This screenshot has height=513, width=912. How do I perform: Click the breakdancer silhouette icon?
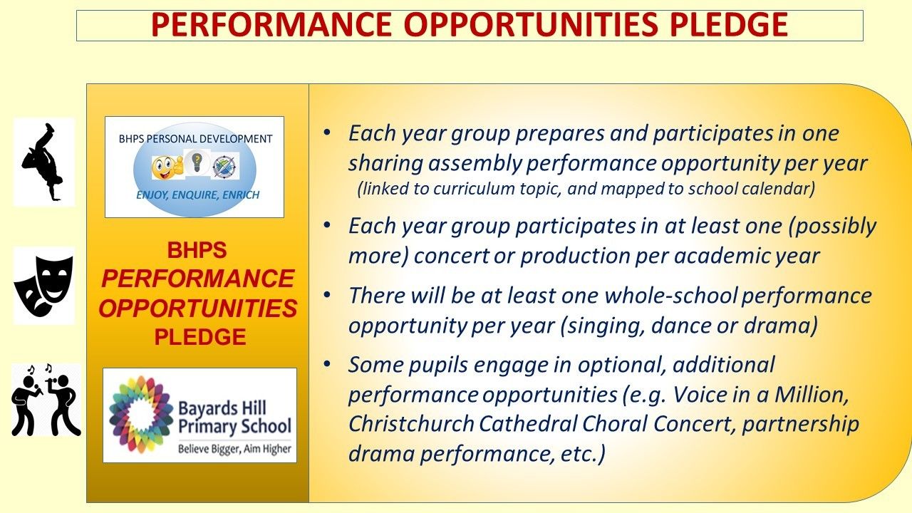pos(42,162)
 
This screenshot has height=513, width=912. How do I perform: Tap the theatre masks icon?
pos(44,286)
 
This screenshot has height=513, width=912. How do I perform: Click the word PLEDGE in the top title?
pos(729,25)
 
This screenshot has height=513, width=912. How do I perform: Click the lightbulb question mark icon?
pos(197,162)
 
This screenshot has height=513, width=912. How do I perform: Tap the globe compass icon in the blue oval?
pos(224,167)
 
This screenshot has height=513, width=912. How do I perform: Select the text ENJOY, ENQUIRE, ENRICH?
pos(198,195)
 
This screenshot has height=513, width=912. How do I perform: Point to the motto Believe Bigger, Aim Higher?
pos(235,449)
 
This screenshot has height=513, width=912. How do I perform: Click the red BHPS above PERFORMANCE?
pos(197,250)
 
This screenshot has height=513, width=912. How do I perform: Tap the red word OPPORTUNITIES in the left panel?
pos(198,309)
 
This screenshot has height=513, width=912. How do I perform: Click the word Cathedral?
pos(528,423)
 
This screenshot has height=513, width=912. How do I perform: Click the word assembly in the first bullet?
pos(474,164)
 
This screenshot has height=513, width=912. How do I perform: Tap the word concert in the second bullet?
pos(451,256)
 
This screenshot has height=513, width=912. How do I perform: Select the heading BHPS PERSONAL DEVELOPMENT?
pos(195,139)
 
